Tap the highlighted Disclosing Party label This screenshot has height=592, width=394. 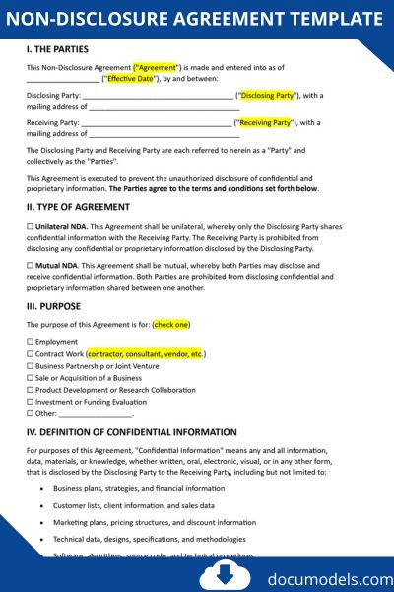267,96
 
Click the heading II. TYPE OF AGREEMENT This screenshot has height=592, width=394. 78,207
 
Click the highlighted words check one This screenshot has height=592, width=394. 171,324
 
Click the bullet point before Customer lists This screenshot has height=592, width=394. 41,505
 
